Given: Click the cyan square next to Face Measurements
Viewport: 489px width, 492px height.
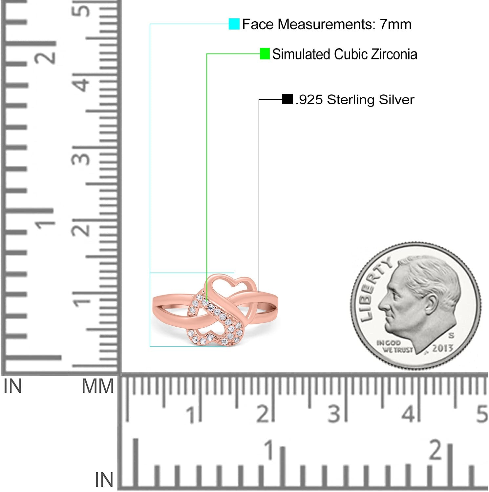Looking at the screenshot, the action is (x=234, y=24).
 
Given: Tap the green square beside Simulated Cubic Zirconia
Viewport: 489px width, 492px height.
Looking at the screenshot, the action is (x=265, y=54).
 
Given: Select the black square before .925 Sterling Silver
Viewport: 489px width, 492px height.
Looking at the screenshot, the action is (x=287, y=99).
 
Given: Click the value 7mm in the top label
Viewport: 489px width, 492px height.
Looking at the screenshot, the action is (x=396, y=24).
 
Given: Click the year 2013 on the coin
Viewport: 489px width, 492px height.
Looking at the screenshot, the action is (x=442, y=348).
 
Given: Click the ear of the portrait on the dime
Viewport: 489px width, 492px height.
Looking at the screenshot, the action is (x=432, y=303).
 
